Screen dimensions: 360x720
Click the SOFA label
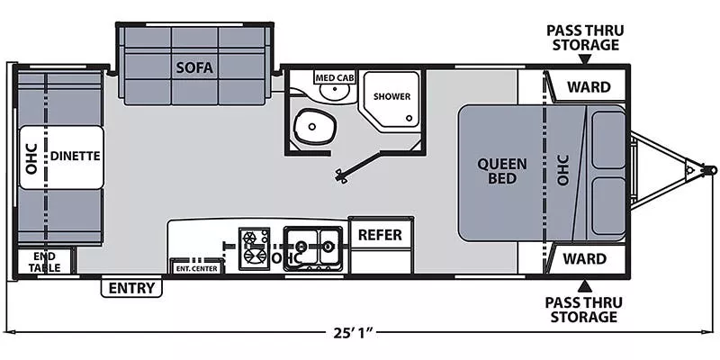pos(193,66)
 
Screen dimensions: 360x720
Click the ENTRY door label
pos(131,288)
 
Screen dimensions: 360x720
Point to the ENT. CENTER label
pos(196,267)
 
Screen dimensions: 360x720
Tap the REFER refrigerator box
pos(380,235)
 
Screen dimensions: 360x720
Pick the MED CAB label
pos(334,78)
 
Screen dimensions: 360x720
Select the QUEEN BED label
pos(501,170)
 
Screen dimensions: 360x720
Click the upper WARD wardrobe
pos(586,87)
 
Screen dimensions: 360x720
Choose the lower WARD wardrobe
pos(586,258)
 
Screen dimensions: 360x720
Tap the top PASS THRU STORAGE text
pos(583,37)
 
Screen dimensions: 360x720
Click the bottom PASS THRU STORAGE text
pos(583,309)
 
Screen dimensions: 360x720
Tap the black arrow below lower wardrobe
pos(583,286)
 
